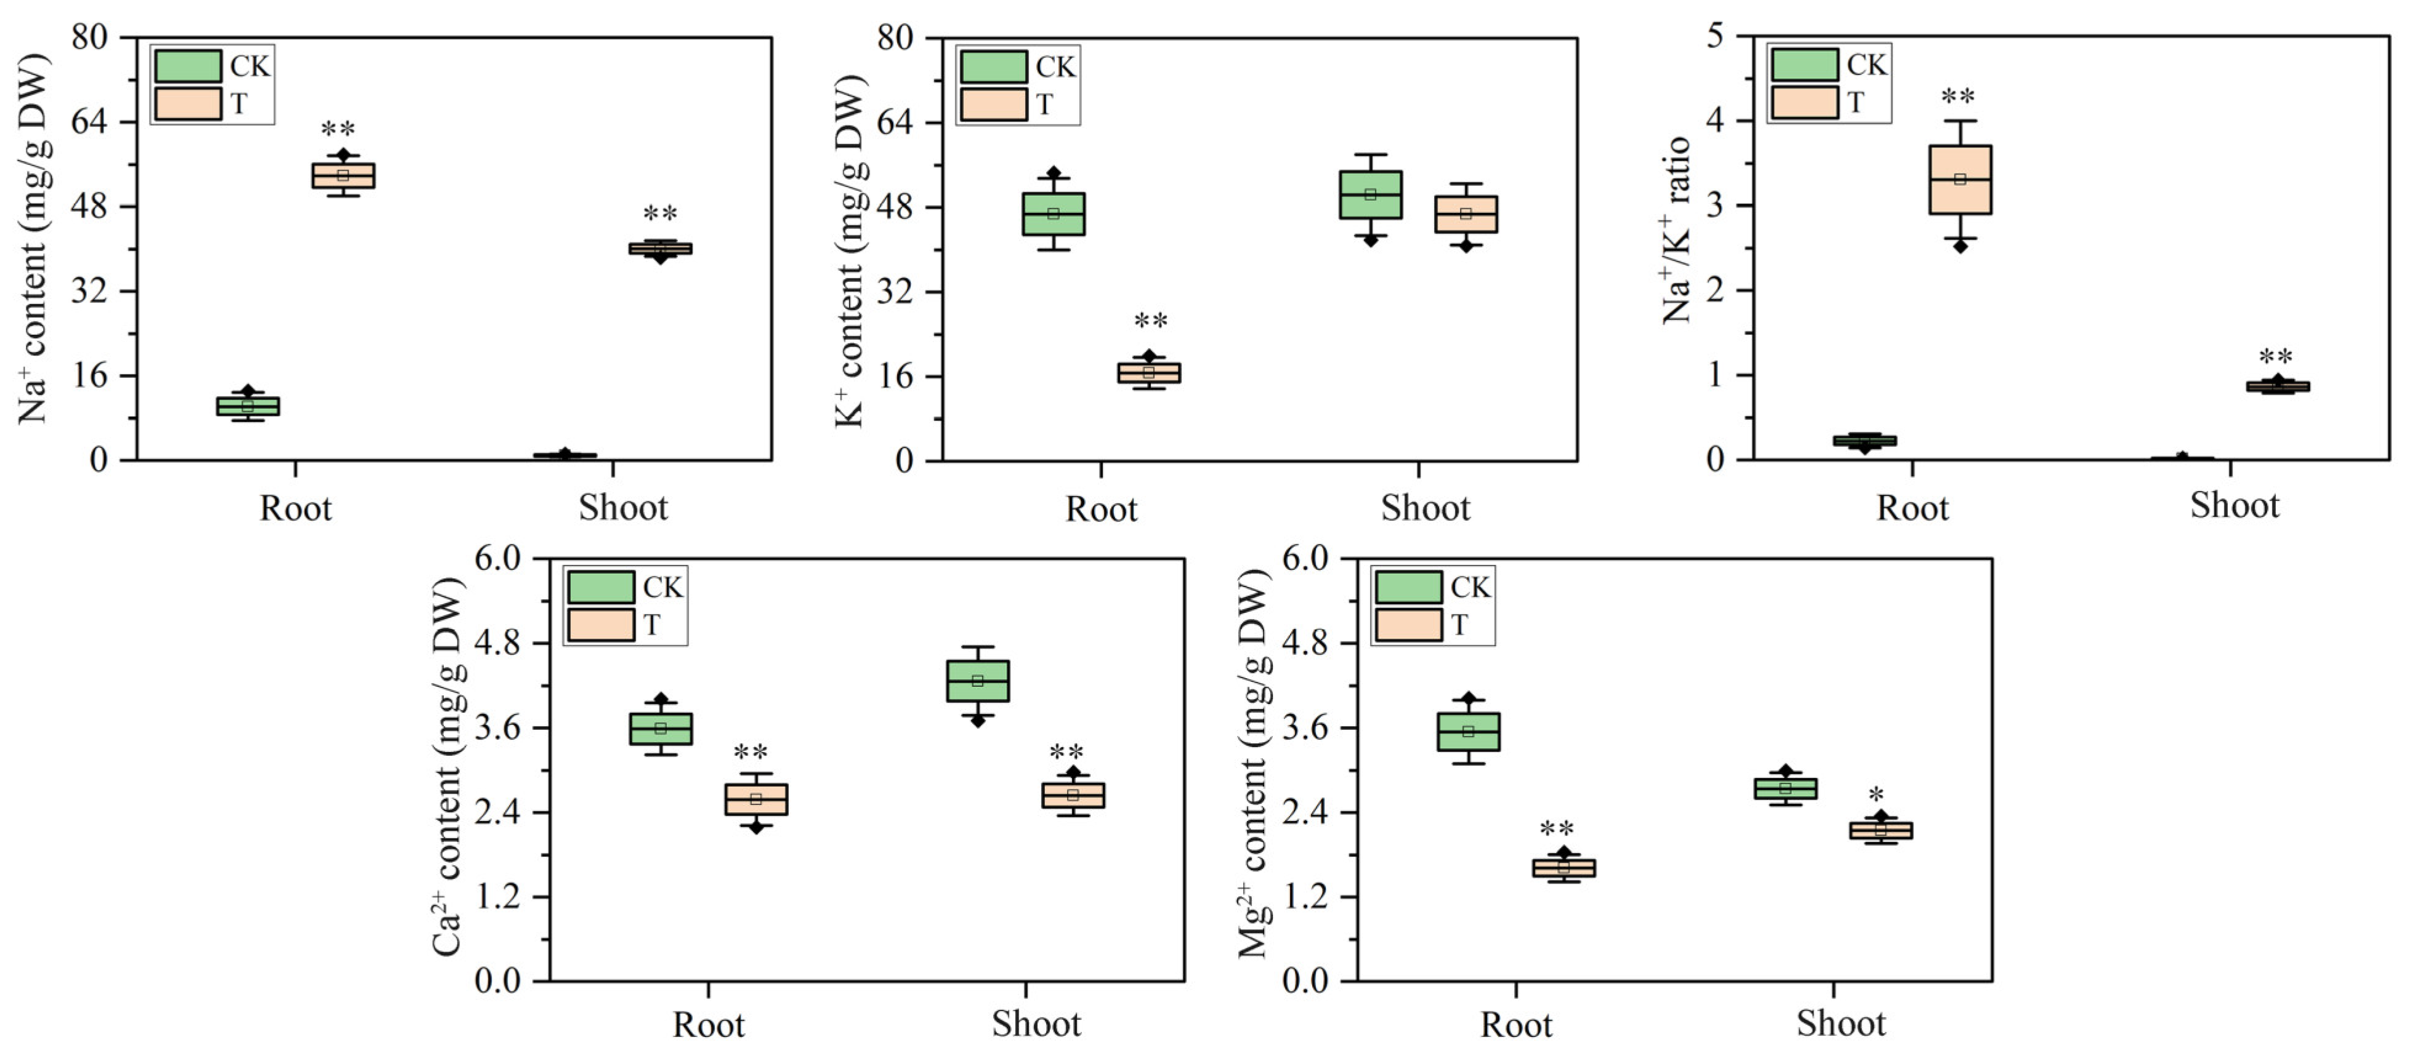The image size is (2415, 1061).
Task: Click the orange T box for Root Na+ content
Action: tap(343, 176)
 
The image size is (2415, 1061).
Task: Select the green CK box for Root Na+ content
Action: tap(248, 406)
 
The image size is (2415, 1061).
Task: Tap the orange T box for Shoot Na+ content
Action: tap(660, 249)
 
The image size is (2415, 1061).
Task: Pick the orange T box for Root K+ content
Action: tap(1148, 373)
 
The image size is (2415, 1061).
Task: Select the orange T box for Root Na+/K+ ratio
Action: tap(1959, 180)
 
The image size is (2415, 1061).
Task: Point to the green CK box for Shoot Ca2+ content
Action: tap(978, 681)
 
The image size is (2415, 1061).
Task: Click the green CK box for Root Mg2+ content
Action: tap(1468, 732)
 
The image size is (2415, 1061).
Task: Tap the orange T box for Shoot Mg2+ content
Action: tap(1881, 830)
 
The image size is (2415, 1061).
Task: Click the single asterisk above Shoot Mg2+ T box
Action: tap(1876, 795)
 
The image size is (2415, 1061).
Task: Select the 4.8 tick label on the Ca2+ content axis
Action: tap(498, 644)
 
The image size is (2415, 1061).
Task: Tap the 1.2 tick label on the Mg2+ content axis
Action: tap(1305, 897)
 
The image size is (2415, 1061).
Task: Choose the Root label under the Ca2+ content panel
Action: tap(709, 1025)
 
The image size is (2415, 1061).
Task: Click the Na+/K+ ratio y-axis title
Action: tap(1676, 230)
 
